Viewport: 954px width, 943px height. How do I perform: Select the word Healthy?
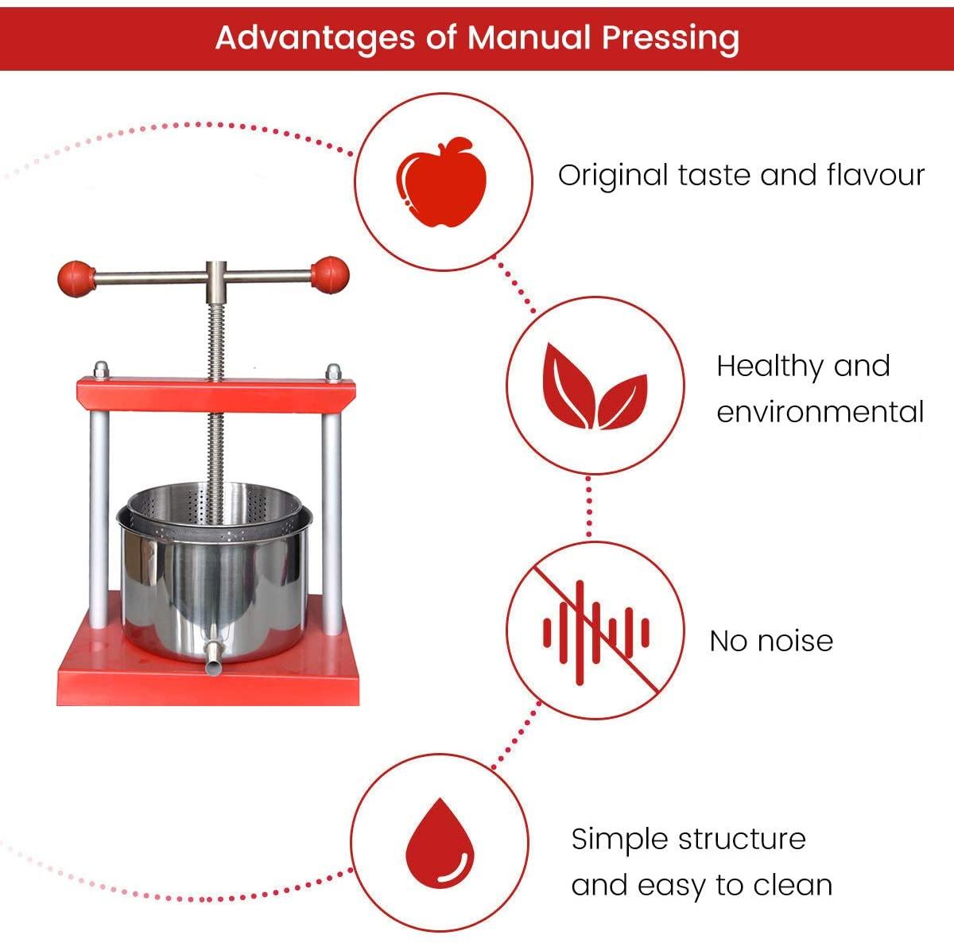(x=768, y=367)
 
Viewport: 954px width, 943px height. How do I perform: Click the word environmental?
(x=820, y=412)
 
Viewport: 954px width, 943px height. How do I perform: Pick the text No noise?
(x=771, y=641)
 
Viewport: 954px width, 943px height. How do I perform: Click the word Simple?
(x=619, y=839)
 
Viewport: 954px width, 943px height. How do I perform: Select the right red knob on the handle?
(x=329, y=275)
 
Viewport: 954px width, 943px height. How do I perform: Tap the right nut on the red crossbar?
(x=333, y=372)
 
